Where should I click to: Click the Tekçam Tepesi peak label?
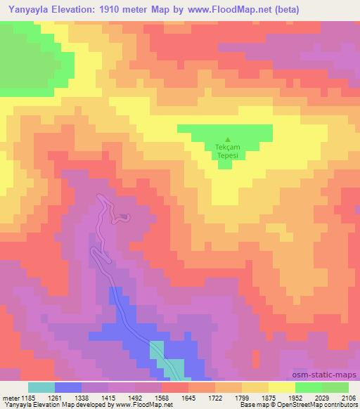pos(226,151)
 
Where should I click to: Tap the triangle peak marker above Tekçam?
pos(226,139)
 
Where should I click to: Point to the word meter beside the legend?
pos(10,397)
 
